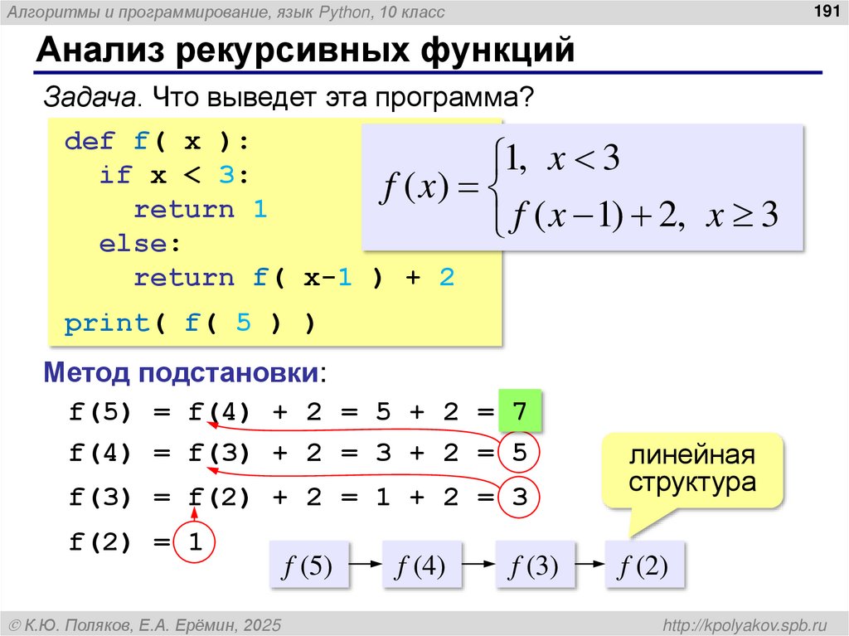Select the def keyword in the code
coord(90,142)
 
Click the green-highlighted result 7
coord(520,411)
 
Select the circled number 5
coord(520,454)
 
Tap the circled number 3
coord(520,498)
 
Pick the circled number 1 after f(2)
coord(195,543)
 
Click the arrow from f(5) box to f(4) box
coord(365,565)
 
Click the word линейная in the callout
coord(691,457)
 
